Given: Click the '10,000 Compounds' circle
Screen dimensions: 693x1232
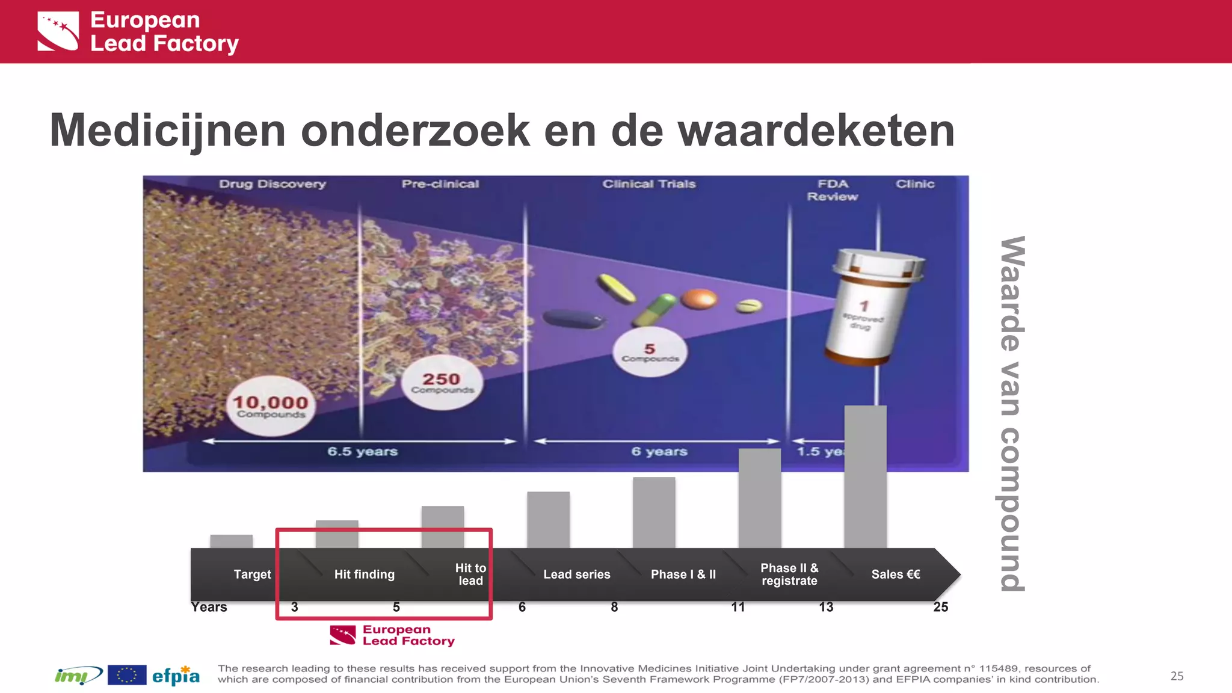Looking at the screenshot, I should tap(271, 406).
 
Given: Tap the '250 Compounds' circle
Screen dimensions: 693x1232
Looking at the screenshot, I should tap(442, 383).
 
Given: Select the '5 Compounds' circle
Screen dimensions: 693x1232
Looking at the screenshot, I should tap(650, 353).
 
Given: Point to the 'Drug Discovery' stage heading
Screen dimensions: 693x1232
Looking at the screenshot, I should tap(273, 184).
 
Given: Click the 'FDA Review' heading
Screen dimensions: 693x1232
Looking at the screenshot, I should tap(833, 190).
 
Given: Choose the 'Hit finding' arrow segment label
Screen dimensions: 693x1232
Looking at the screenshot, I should tap(365, 574).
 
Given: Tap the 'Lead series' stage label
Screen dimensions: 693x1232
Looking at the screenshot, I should tap(577, 574).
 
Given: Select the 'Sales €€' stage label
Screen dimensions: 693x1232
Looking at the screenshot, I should tap(896, 574).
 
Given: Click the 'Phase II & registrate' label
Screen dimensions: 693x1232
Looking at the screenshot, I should tap(789, 574).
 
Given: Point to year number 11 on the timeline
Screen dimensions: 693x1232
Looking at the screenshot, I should tap(738, 608).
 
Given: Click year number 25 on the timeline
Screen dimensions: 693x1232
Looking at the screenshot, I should tap(941, 608).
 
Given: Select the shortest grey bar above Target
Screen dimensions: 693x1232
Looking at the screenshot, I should tap(232, 541).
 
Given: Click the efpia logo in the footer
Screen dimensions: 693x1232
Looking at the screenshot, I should tap(176, 676).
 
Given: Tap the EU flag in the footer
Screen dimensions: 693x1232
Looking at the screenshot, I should tap(127, 676).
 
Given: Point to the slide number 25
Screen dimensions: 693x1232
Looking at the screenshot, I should tap(1177, 676).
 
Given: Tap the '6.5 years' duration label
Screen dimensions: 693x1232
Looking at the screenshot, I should tap(362, 452).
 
